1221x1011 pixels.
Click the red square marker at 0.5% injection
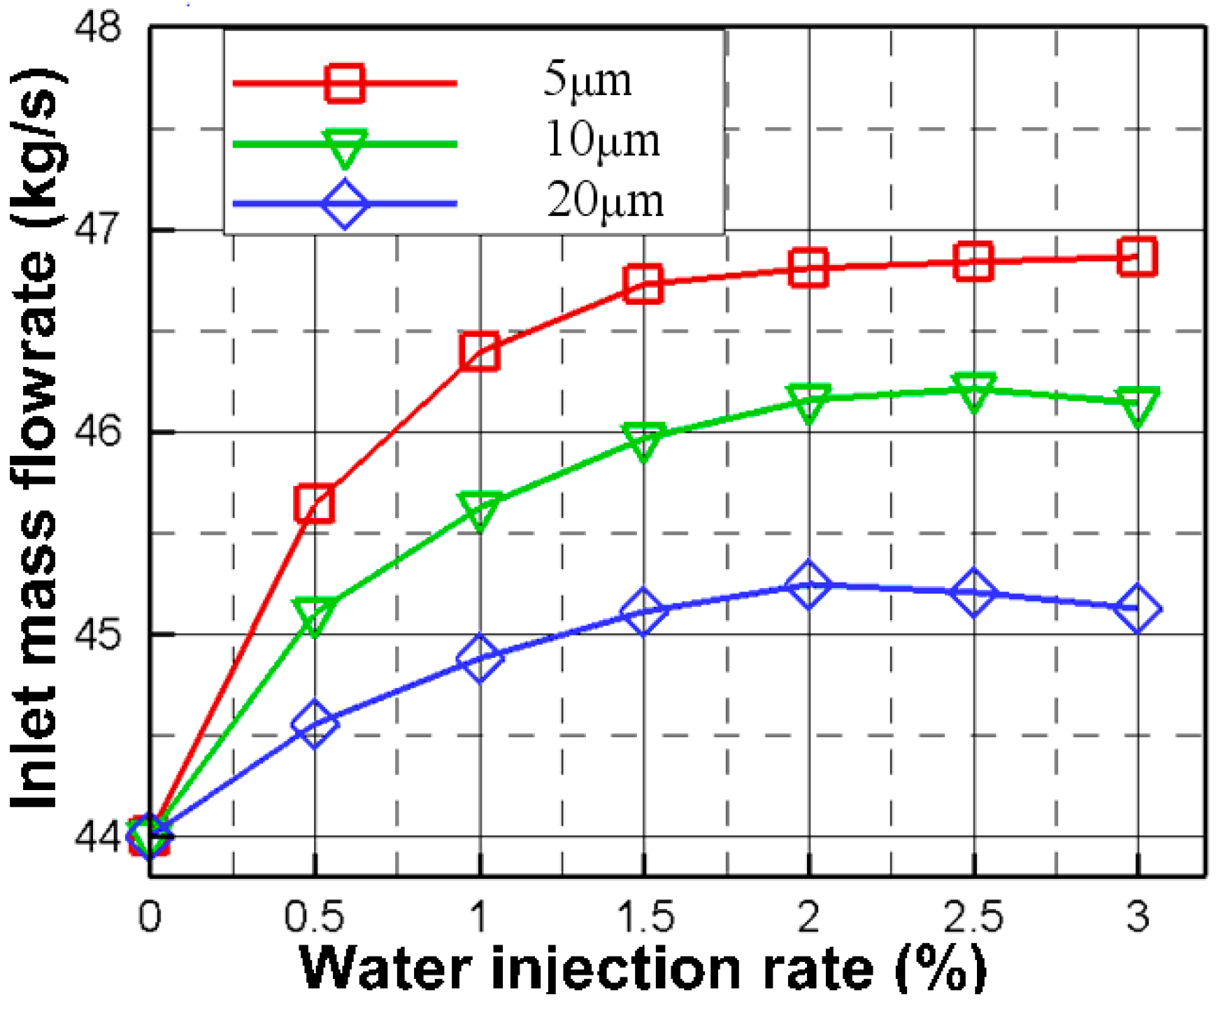[315, 503]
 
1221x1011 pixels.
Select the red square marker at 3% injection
[1137, 257]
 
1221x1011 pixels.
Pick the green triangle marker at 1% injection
[480, 511]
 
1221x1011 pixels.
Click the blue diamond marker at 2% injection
[808, 584]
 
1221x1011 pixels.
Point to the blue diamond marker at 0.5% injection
[315, 724]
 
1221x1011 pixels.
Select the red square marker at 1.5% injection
[643, 284]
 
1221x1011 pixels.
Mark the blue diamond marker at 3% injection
[1137, 609]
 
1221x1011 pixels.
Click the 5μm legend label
[587, 80]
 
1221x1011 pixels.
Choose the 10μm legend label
[602, 141]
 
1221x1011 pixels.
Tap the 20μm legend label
[605, 201]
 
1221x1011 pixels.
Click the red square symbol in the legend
[344, 83]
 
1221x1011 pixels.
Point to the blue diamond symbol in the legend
[344, 204]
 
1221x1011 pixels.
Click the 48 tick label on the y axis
[98, 29]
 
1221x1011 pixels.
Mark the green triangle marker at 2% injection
[808, 402]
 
